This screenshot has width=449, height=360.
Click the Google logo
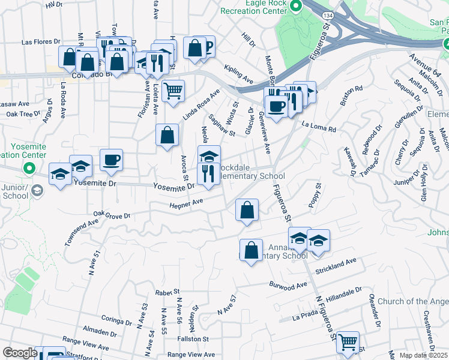pyautogui.click(x=20, y=353)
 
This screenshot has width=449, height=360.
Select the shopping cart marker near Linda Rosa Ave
pyautogui.click(x=173, y=91)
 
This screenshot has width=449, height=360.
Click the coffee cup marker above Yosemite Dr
pyautogui.click(x=112, y=160)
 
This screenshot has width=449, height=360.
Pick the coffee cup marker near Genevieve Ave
pyautogui.click(x=276, y=106)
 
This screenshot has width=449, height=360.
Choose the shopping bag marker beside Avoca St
pyautogui.click(x=167, y=135)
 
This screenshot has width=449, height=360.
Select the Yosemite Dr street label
pyautogui.click(x=174, y=187)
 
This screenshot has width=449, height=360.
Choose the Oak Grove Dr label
pyautogui.click(x=112, y=215)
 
